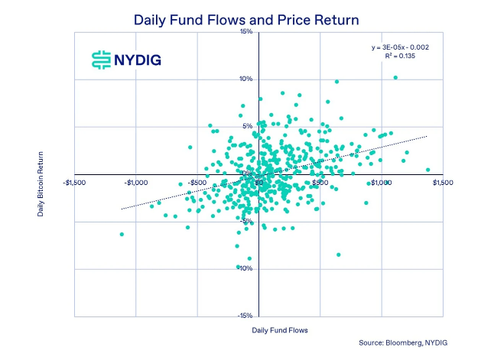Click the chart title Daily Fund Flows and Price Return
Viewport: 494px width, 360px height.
pos(245,18)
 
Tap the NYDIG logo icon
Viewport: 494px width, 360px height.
pos(100,59)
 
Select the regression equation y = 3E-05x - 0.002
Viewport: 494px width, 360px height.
pos(400,47)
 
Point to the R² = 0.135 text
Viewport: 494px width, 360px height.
pos(411,57)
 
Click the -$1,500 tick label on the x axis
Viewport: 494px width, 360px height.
pos(75,183)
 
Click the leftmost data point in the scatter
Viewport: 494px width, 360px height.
pos(122,234)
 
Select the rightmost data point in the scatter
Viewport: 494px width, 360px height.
pos(427,170)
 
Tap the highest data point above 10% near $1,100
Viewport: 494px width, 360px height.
pos(395,77)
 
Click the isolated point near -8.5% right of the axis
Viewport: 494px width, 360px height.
pos(338,255)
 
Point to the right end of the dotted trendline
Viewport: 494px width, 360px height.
pos(427,136)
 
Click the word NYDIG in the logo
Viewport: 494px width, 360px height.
pos(138,60)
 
